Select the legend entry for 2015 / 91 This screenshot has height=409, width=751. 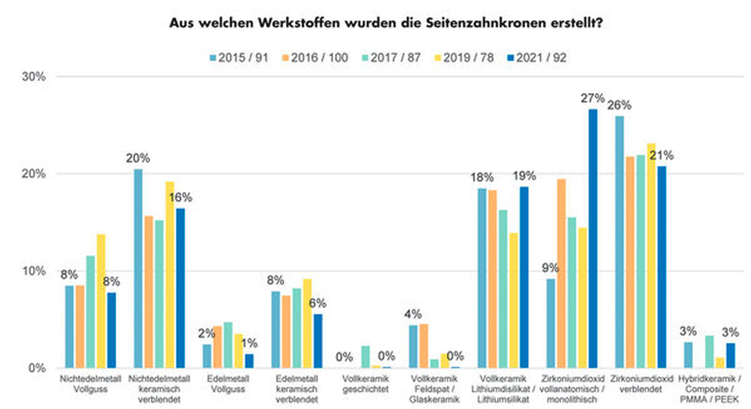(239, 58)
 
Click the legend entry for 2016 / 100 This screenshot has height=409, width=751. (315, 58)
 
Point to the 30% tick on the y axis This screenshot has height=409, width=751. (34, 76)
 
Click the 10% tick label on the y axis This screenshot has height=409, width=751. (34, 271)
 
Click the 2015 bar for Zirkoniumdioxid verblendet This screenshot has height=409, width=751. (619, 242)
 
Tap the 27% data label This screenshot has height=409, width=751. (592, 98)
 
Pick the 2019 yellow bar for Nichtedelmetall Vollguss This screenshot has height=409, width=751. (101, 301)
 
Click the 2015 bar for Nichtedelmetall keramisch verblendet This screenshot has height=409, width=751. (138, 269)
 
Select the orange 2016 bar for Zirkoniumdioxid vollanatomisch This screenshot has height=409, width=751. (561, 273)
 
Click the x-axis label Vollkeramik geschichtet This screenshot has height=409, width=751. (365, 384)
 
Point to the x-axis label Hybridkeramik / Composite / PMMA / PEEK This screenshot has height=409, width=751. (709, 389)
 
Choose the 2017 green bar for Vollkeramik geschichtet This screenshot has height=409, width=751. (366, 357)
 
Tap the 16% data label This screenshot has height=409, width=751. (181, 197)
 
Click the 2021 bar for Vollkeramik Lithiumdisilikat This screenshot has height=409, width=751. (524, 277)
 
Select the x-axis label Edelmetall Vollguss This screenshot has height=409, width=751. (228, 384)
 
